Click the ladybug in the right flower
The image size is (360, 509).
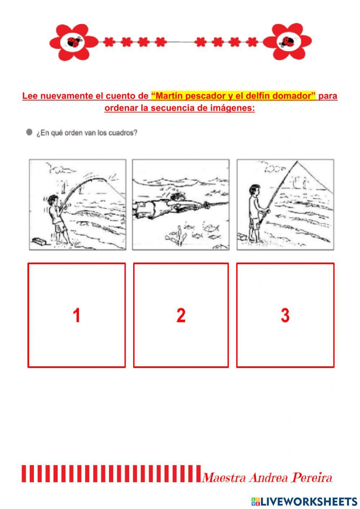coord(287,42)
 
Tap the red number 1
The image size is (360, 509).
coord(76,315)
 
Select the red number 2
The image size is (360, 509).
coord(181,315)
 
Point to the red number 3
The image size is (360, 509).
coord(285,315)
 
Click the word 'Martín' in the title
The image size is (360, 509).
coord(169,96)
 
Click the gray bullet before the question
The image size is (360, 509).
coord(29,132)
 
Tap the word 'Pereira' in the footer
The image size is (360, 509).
coord(312,478)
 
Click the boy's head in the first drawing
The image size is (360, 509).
coord(54,200)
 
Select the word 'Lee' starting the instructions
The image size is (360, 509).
coord(30,96)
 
